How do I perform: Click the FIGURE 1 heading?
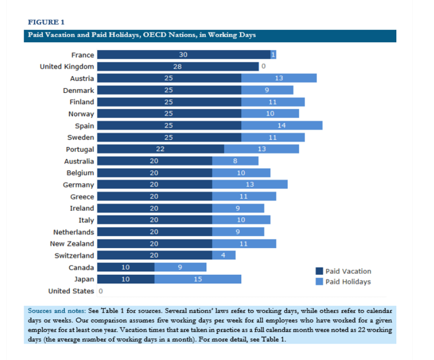[46, 22]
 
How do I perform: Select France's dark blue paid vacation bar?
[183, 55]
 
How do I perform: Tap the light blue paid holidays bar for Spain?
[281, 126]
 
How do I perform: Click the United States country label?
[71, 291]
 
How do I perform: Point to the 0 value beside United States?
[101, 291]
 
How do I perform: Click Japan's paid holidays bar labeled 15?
[198, 279]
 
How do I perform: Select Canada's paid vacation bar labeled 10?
[126, 267]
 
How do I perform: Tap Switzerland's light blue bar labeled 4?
[224, 255]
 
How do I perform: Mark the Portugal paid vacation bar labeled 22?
[160, 149]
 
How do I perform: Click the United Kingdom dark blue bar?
[178, 67]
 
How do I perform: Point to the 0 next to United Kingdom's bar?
[263, 67]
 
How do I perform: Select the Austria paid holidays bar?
[279, 78]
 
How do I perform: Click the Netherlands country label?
[73, 232]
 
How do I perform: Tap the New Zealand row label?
[72, 243]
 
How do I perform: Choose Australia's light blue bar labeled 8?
[235, 161]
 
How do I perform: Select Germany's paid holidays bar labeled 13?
[250, 185]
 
